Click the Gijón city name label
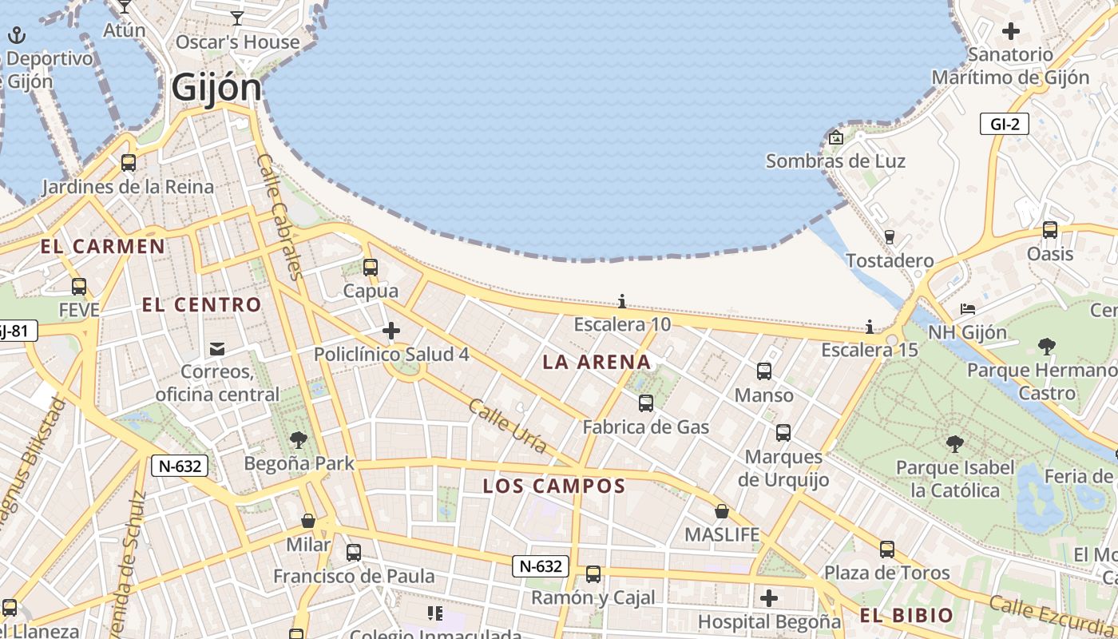pyautogui.click(x=216, y=87)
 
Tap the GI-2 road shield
pyautogui.click(x=1005, y=124)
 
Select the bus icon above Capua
pyautogui.click(x=370, y=268)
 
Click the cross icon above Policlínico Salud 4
pyautogui.click(x=391, y=330)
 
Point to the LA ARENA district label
pyautogui.click(x=597, y=362)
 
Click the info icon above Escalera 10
pyautogui.click(x=622, y=301)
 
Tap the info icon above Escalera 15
pyautogui.click(x=870, y=327)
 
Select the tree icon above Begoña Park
pyautogui.click(x=299, y=439)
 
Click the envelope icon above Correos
pyautogui.click(x=217, y=348)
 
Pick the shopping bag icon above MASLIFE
pyautogui.click(x=722, y=511)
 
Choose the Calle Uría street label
pyautogui.click(x=507, y=426)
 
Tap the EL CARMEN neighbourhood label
pyautogui.click(x=102, y=246)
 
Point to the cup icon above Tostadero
pyautogui.click(x=889, y=236)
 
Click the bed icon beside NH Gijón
pyautogui.click(x=968, y=308)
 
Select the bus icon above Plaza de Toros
pyautogui.click(x=887, y=549)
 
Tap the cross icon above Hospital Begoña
pyautogui.click(x=768, y=597)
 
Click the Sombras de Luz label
pyautogui.click(x=835, y=161)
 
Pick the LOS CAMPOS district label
pyautogui.click(x=553, y=486)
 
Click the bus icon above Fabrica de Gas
pyautogui.click(x=645, y=403)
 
